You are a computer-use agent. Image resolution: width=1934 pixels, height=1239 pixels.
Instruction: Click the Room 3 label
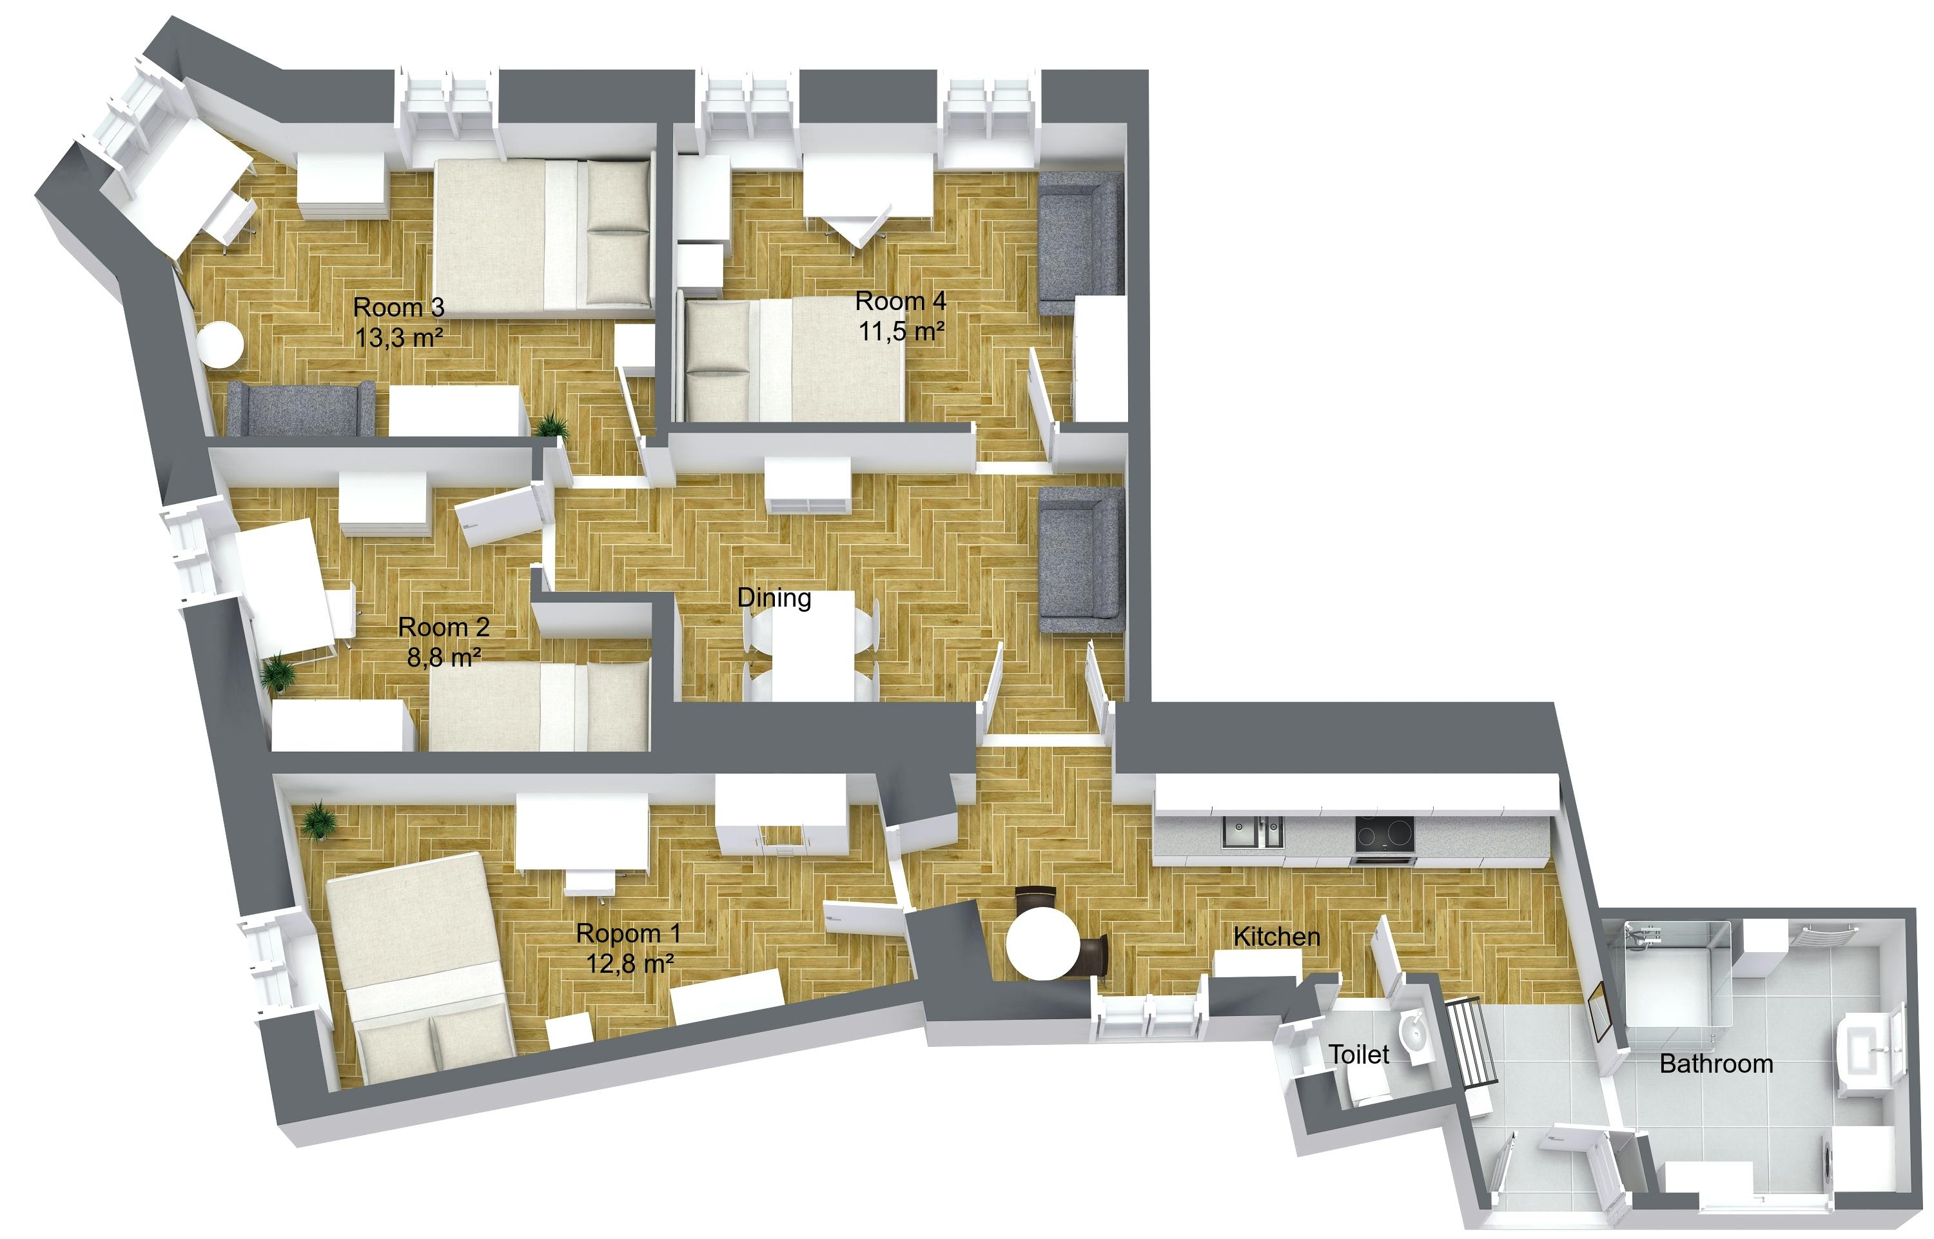[398, 307]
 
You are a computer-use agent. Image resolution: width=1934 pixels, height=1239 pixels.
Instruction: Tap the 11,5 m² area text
[901, 331]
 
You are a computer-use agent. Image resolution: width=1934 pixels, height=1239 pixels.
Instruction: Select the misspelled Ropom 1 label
[629, 933]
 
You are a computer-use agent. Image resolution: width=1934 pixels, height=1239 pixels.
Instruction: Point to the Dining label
[774, 598]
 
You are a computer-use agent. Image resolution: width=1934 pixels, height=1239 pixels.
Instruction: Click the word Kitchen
[1276, 937]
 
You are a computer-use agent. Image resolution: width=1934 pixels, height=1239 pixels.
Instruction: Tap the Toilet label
[1359, 1054]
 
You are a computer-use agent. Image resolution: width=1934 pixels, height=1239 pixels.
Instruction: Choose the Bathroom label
[1716, 1064]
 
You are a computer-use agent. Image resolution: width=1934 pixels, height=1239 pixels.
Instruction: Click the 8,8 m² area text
[444, 658]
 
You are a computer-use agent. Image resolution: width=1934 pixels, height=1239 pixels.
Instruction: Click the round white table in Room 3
[220, 344]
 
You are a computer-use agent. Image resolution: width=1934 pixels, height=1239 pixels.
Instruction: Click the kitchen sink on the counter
[1253, 832]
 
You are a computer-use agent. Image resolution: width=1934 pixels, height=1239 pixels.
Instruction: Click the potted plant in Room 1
[320, 821]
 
